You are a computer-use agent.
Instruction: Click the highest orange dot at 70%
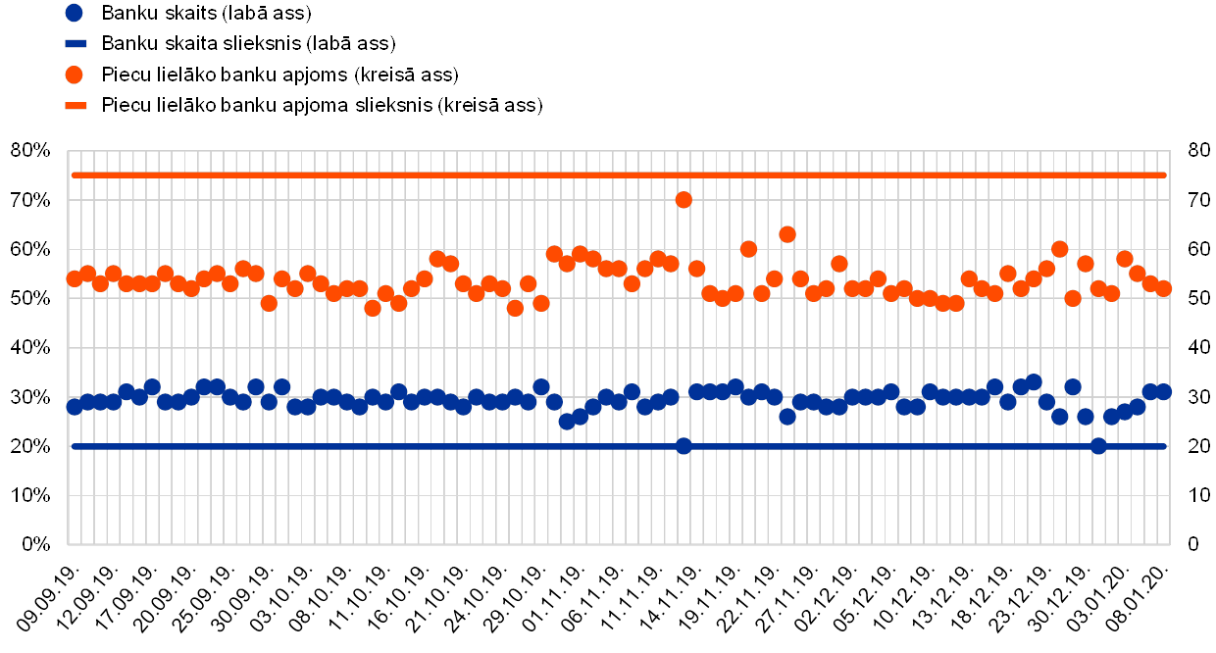click(684, 200)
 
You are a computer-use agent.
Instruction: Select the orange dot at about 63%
click(787, 234)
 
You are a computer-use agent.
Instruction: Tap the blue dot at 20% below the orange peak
click(684, 446)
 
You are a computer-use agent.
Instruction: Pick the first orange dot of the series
click(75, 278)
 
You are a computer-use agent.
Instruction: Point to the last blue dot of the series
click(1164, 392)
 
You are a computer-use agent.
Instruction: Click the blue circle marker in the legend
click(74, 14)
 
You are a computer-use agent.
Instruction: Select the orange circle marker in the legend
click(74, 75)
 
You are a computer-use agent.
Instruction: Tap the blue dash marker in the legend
click(74, 44)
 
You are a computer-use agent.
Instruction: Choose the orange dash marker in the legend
click(74, 105)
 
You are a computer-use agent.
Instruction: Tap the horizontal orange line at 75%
click(392, 175)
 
